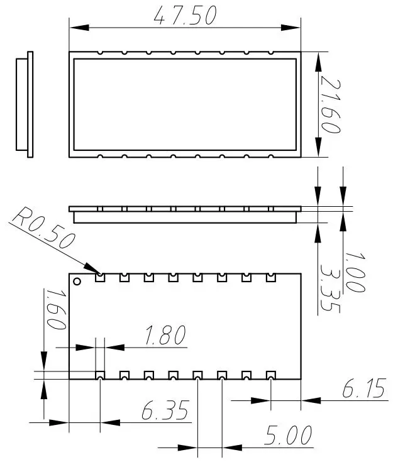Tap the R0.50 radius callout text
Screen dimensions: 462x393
(x=44, y=230)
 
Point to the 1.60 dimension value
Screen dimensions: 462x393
(x=55, y=309)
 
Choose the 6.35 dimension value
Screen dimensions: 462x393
(x=165, y=412)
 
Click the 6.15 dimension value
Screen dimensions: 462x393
(x=363, y=390)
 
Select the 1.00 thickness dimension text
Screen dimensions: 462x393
(x=353, y=272)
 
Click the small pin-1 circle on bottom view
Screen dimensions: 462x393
(x=77, y=281)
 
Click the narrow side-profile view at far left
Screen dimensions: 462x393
(x=25, y=105)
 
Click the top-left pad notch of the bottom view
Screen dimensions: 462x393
(x=100, y=277)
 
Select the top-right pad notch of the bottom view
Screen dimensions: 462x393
(x=270, y=277)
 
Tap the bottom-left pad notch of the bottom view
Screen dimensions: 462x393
(x=100, y=376)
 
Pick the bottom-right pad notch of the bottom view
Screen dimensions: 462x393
(x=270, y=376)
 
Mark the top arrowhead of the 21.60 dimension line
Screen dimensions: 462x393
(x=319, y=57)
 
